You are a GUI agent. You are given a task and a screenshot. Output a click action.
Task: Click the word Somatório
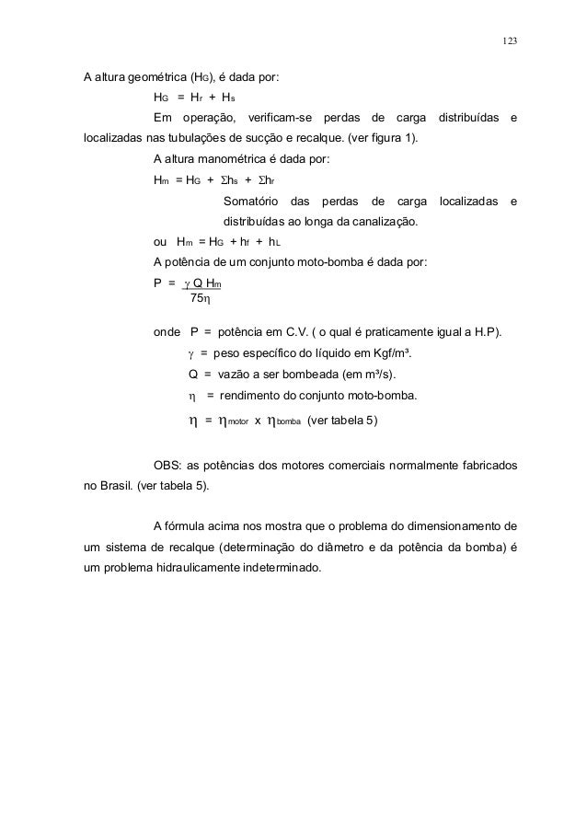click(x=249, y=201)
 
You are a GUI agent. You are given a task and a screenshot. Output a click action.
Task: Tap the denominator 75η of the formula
click(x=200, y=298)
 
